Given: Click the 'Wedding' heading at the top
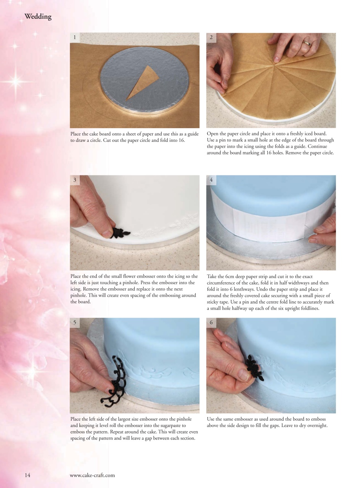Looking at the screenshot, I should [38, 17].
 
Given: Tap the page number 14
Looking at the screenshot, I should [27, 475].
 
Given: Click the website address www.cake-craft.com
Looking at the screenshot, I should [92, 475].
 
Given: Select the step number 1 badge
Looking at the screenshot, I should [75, 37].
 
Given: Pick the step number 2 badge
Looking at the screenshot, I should [211, 37].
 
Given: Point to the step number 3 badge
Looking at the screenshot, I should [75, 180].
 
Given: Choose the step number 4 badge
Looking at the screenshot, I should [211, 180].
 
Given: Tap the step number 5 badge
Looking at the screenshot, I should [75, 323].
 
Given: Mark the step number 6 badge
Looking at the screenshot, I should [211, 323].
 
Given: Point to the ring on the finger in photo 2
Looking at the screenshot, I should [307, 43].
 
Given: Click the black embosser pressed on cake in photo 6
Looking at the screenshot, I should [254, 368].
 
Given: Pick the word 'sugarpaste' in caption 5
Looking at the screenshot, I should [164, 425].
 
